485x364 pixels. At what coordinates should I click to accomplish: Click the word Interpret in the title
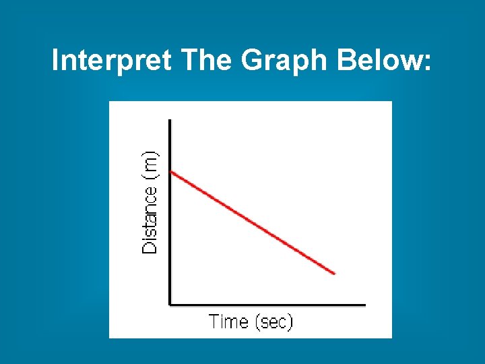tap(112, 61)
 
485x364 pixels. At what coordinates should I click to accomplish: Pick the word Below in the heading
tap(379, 61)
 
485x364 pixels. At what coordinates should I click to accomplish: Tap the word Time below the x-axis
tap(228, 322)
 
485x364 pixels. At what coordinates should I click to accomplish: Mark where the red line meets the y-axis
tap(170, 172)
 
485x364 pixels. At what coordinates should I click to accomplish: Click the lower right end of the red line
tap(334, 273)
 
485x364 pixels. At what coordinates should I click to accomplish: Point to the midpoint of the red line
tap(253, 222)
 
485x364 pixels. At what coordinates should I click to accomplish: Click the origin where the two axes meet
tap(170, 304)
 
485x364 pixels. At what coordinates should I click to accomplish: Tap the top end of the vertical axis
tap(170, 121)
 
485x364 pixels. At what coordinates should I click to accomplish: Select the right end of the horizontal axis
tap(364, 304)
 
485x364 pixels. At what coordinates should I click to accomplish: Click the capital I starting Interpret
tap(56, 61)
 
